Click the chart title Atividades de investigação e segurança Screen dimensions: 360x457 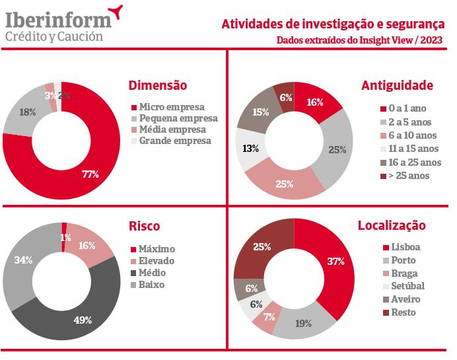(x=332, y=24)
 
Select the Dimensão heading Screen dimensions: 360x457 (x=158, y=86)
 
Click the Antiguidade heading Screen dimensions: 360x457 (x=397, y=86)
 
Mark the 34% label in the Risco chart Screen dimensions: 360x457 (x=24, y=260)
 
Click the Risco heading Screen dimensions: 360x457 (x=144, y=227)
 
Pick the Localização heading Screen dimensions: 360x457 (x=392, y=226)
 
